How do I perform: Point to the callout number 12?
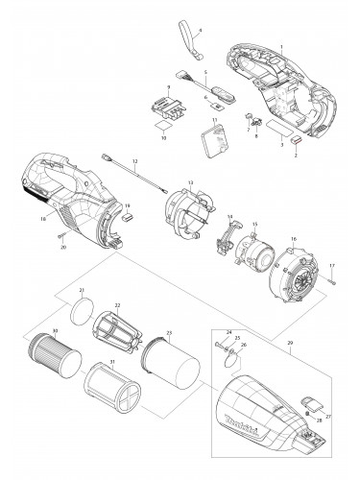pyautogui.click(x=135, y=161)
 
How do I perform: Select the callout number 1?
pyautogui.click(x=281, y=46)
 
